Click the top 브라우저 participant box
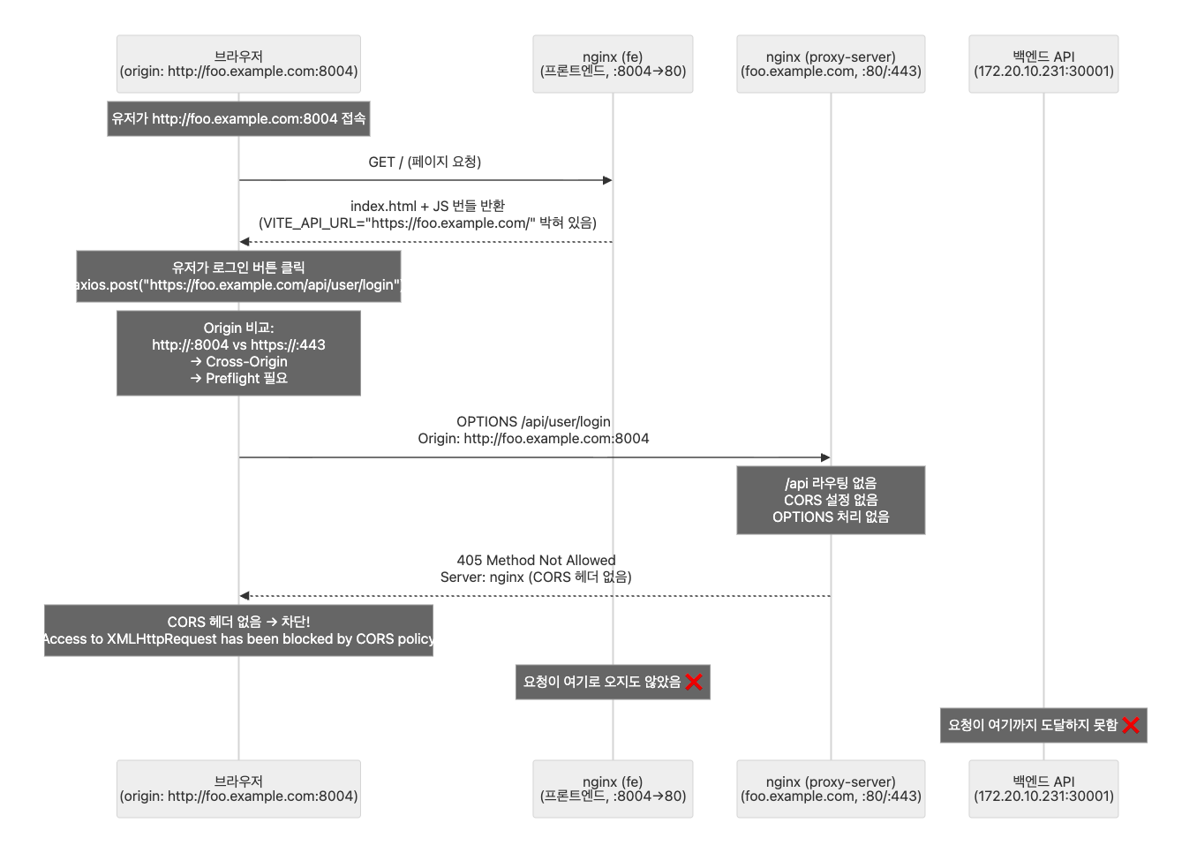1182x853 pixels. tap(238, 64)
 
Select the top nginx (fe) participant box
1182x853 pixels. tap(613, 64)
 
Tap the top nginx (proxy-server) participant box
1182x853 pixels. tap(831, 64)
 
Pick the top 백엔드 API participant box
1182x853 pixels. tap(1043, 64)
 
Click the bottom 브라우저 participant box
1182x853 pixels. tap(238, 789)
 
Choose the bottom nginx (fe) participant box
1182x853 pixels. tap(613, 789)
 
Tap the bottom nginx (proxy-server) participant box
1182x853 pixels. tap(831, 789)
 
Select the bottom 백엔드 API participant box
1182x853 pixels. tap(1043, 789)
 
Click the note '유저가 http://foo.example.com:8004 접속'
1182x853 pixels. tap(238, 118)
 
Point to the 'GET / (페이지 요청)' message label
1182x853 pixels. tap(425, 162)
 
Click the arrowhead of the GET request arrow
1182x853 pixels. tap(607, 180)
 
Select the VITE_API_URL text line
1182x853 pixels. tap(427, 223)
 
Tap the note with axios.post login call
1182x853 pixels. tap(238, 276)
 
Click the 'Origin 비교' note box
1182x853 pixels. tap(238, 352)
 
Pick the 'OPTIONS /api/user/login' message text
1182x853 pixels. tap(533, 422)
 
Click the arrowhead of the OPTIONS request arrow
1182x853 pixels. tap(825, 457)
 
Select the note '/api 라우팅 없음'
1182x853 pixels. tap(831, 500)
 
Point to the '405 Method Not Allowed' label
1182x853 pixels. tap(536, 561)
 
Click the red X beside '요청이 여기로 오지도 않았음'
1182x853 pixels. tap(694, 682)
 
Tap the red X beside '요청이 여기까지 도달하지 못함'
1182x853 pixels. tap(1131, 725)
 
